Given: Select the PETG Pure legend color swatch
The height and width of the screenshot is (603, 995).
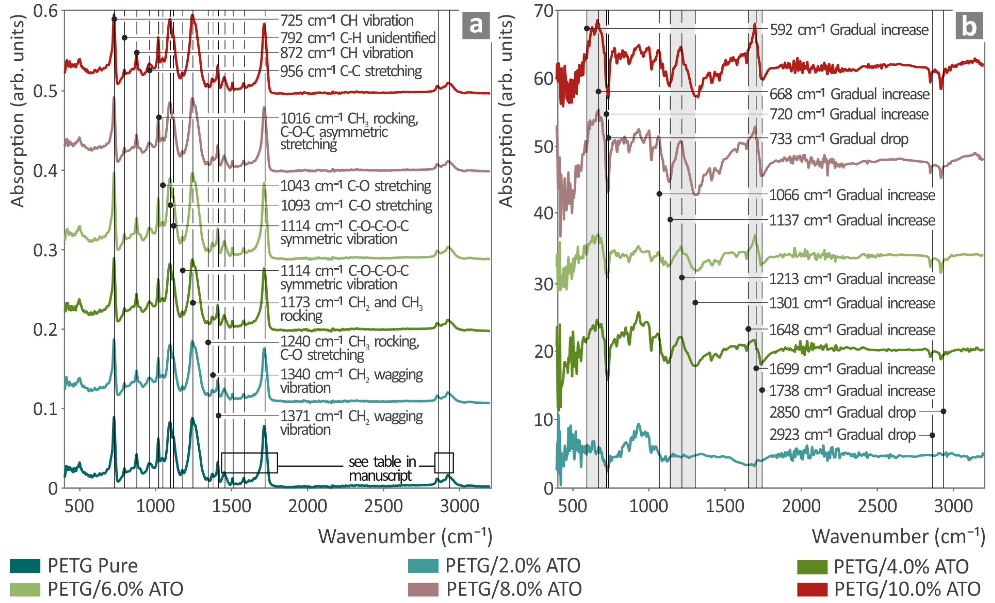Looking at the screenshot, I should point(25,566).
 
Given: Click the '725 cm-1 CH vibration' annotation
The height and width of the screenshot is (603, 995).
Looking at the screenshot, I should point(346,20).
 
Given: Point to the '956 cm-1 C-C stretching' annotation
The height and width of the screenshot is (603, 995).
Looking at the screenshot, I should point(351,71).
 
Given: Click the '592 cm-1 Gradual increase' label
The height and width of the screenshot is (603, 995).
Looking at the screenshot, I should point(849,29).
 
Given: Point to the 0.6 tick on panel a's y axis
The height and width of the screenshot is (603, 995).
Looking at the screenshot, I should point(45,11).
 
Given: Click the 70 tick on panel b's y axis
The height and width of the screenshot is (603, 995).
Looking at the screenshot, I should point(544,11).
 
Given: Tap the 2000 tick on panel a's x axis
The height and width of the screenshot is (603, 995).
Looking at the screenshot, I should point(307,506).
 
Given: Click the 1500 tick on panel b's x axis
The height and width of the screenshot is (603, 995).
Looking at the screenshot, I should point(725,506).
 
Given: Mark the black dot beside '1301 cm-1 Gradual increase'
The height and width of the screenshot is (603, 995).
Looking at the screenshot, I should point(695,303).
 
